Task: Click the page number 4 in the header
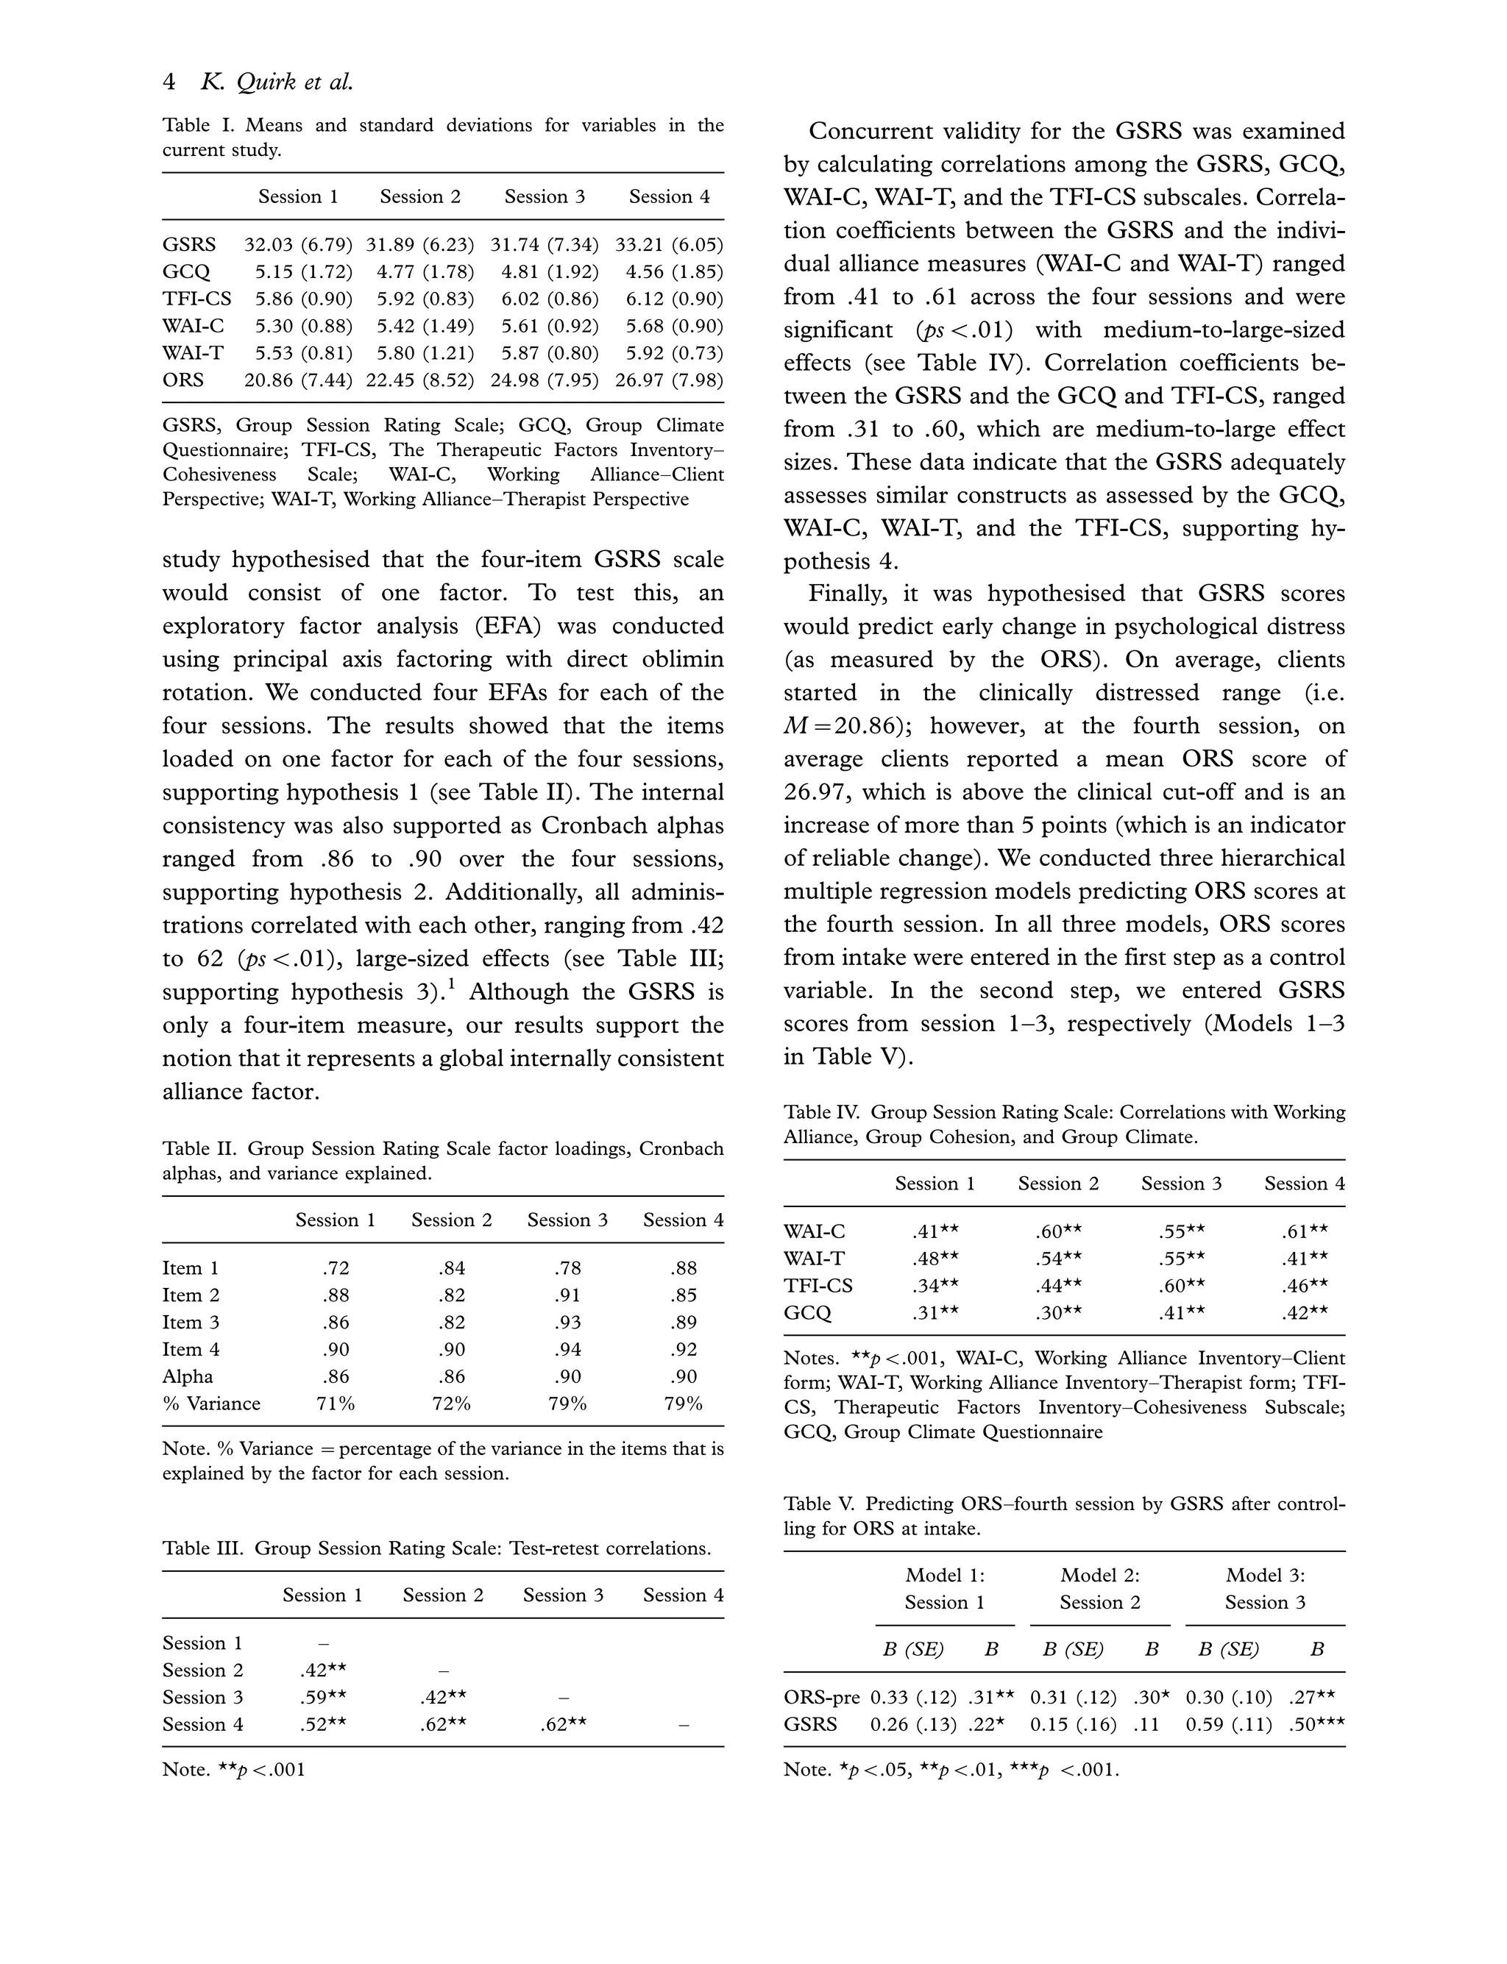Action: point(169,82)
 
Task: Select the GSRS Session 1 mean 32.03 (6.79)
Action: point(298,245)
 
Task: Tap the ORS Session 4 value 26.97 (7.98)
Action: point(669,380)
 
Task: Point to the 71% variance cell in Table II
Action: point(336,1403)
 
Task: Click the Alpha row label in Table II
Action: point(188,1376)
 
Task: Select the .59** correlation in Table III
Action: point(323,1698)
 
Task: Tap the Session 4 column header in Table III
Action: point(683,1595)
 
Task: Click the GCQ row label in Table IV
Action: point(807,1313)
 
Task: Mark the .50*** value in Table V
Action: point(1317,1724)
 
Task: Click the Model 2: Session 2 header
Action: point(1100,1589)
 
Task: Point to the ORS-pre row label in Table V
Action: point(820,1698)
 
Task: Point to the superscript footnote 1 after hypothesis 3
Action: point(451,985)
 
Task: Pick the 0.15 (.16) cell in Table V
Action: point(1073,1724)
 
